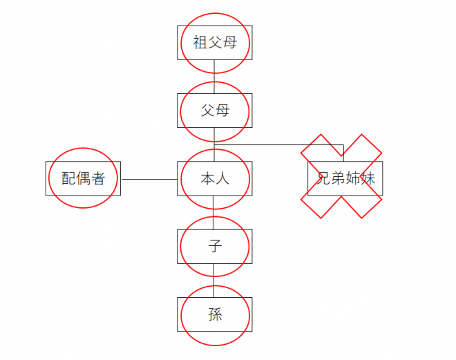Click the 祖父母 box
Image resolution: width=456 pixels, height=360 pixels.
(214, 43)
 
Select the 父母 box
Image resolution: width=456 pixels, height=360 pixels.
(214, 111)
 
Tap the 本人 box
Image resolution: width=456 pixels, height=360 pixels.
(214, 179)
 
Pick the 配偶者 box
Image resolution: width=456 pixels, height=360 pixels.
(83, 179)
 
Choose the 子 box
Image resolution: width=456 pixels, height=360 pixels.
(214, 247)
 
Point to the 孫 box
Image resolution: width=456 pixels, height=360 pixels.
(214, 315)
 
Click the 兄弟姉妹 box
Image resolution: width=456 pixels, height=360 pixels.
(344, 179)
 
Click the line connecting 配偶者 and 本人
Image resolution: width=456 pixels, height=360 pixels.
(149, 179)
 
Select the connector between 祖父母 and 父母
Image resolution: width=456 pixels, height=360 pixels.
(214, 76)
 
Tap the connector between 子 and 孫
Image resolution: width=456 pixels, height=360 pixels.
(214, 281)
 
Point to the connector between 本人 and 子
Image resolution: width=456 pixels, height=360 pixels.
(214, 212)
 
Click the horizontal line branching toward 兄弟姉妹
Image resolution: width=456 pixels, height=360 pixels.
(276, 144)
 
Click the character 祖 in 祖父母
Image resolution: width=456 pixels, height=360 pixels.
(200, 43)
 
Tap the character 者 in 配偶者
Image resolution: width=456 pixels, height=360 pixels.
(97, 179)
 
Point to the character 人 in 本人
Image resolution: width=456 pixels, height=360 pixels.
(222, 179)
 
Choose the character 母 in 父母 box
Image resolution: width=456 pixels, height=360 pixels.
(222, 111)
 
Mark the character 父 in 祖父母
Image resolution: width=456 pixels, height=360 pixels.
(214, 43)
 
